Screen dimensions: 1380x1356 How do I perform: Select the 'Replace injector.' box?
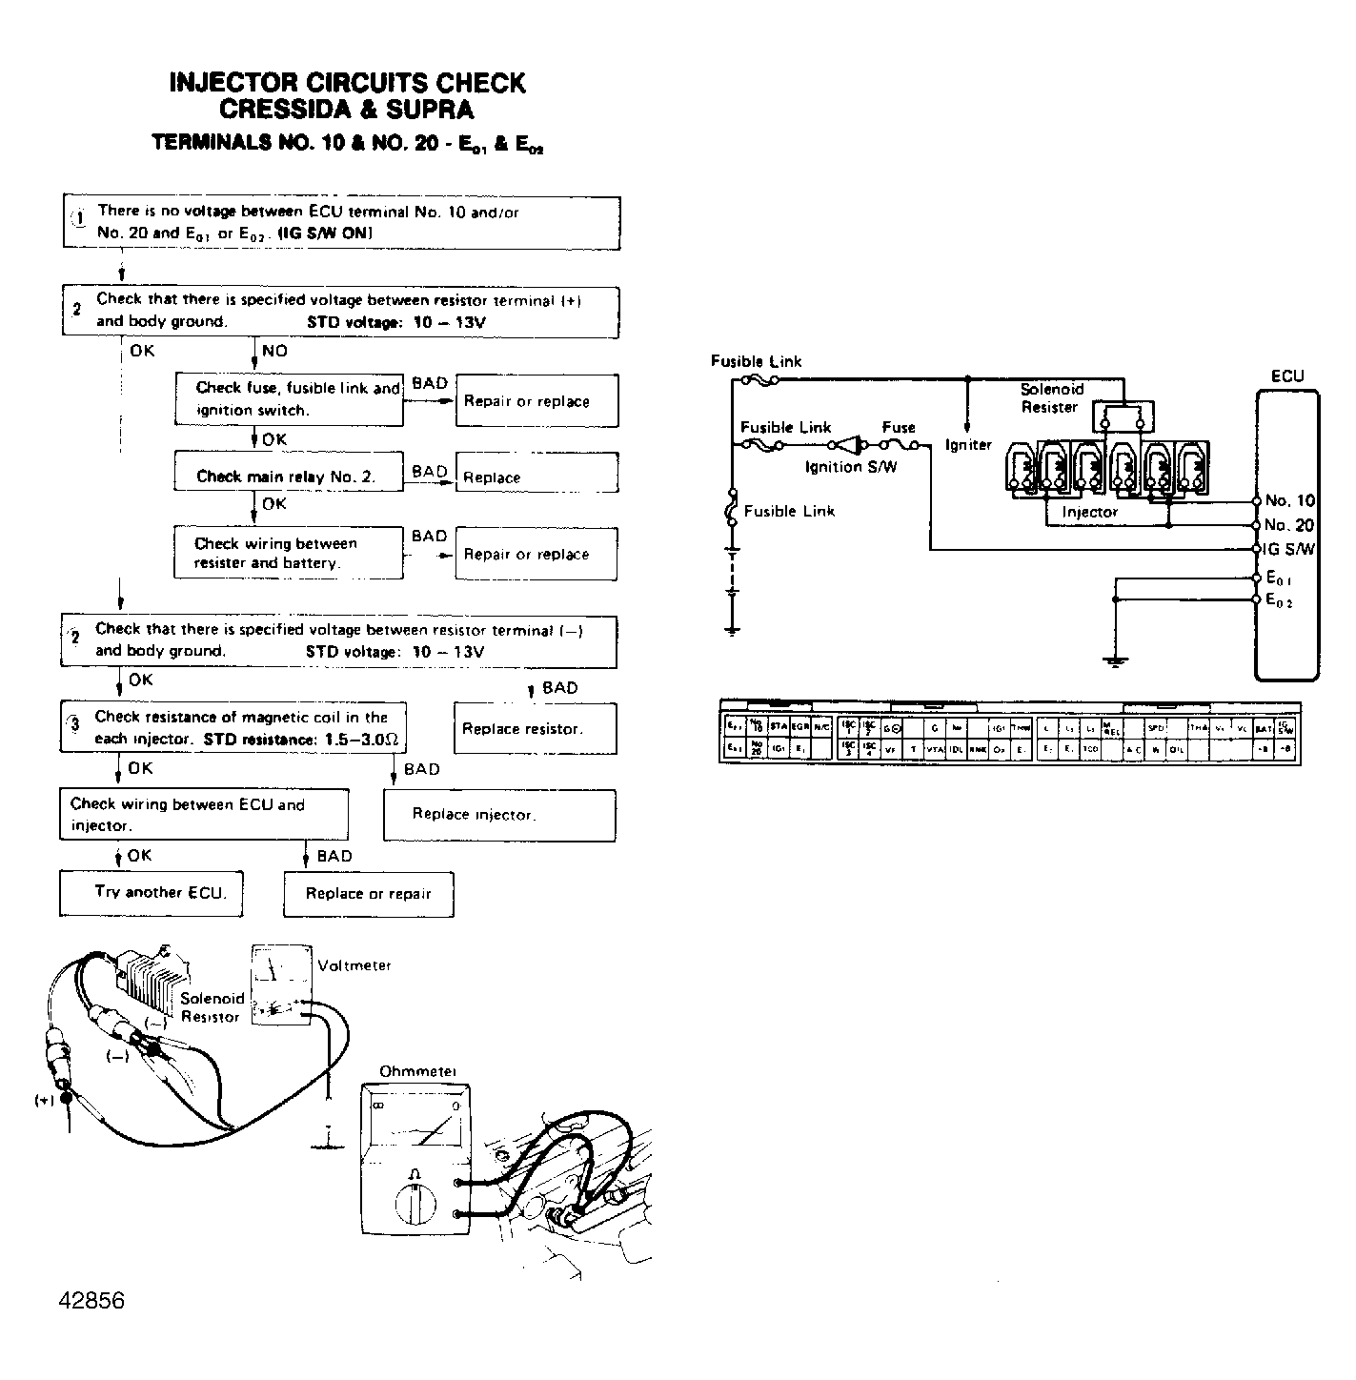coord(498,815)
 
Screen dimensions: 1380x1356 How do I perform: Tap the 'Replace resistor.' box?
coord(535,729)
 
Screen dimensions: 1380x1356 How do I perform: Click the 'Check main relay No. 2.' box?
coord(288,477)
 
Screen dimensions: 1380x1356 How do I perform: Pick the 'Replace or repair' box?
coord(368,894)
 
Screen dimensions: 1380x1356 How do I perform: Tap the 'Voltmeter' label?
coord(354,965)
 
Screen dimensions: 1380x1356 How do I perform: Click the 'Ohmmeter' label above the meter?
coord(417,1072)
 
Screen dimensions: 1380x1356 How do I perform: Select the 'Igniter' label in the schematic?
coord(968,445)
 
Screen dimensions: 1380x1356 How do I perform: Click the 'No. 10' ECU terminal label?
coord(1289,501)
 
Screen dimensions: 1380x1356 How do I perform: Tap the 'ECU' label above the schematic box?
coord(1287,376)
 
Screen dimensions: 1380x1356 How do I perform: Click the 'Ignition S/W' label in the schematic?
coord(851,467)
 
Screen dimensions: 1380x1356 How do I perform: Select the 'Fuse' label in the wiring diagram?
coord(899,428)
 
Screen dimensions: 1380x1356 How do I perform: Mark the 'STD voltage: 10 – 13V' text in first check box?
coord(395,322)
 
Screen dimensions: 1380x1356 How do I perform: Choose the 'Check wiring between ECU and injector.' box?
coord(203,815)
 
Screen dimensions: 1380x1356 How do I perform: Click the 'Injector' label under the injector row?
coord(1089,512)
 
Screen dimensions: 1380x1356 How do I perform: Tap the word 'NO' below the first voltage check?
coord(274,351)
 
